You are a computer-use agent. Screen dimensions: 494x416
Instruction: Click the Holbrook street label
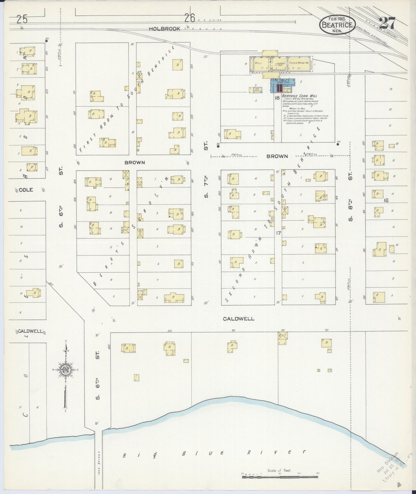[x=165, y=29]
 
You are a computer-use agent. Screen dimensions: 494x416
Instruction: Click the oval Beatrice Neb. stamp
[x=337, y=25]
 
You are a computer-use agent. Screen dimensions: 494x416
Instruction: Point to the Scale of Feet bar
[x=279, y=477]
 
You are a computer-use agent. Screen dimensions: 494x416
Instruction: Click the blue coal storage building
[x=283, y=86]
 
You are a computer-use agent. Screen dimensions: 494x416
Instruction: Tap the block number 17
[x=278, y=233]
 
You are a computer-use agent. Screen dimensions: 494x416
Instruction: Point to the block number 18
[x=277, y=98]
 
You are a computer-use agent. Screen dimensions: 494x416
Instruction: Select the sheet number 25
[x=22, y=20]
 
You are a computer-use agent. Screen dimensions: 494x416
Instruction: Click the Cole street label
[x=26, y=190]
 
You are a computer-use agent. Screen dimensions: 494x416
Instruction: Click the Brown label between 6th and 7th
[x=134, y=163]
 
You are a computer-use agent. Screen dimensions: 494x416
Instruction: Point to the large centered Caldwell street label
[x=239, y=318]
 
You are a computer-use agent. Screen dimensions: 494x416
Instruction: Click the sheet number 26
[x=190, y=18]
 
